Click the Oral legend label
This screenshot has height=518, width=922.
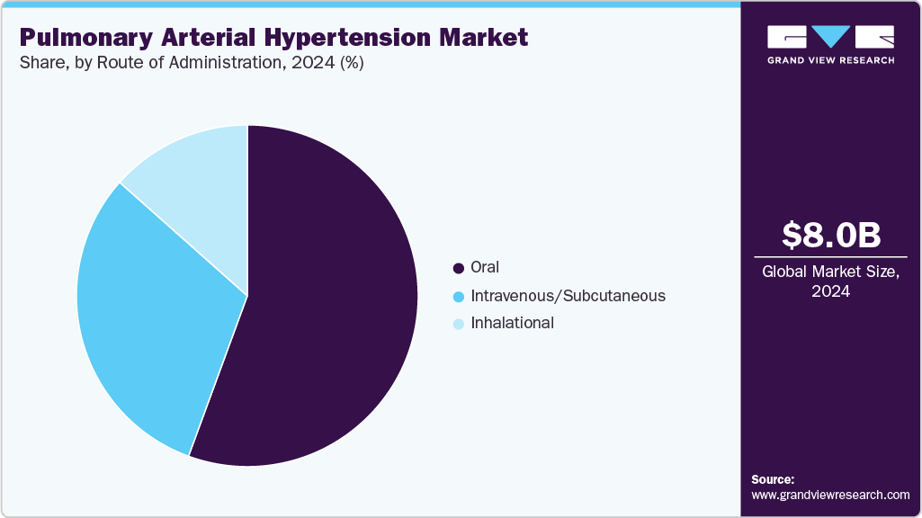484,267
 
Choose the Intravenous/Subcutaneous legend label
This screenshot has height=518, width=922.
568,295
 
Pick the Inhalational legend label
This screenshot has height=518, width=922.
512,323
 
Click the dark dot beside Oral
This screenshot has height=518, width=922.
459,268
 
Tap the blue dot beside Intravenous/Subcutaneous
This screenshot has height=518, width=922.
459,296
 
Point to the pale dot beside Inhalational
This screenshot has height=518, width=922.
459,324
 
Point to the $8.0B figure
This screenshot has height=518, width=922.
830,235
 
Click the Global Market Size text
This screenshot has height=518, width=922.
830,272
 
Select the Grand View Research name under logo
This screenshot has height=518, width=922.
830,60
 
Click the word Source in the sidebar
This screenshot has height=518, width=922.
772,479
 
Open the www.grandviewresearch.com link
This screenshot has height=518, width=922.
830,495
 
